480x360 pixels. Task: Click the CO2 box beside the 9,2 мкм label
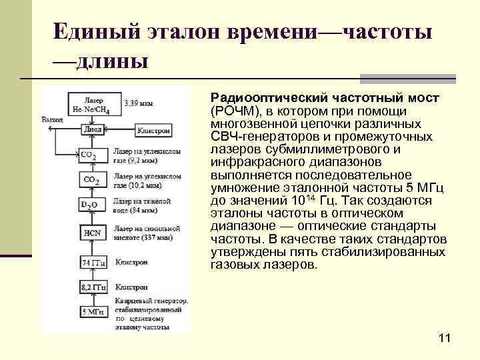point(90,155)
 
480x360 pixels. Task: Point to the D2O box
point(90,204)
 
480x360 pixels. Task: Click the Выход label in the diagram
point(52,119)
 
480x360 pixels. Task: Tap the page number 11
point(445,339)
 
